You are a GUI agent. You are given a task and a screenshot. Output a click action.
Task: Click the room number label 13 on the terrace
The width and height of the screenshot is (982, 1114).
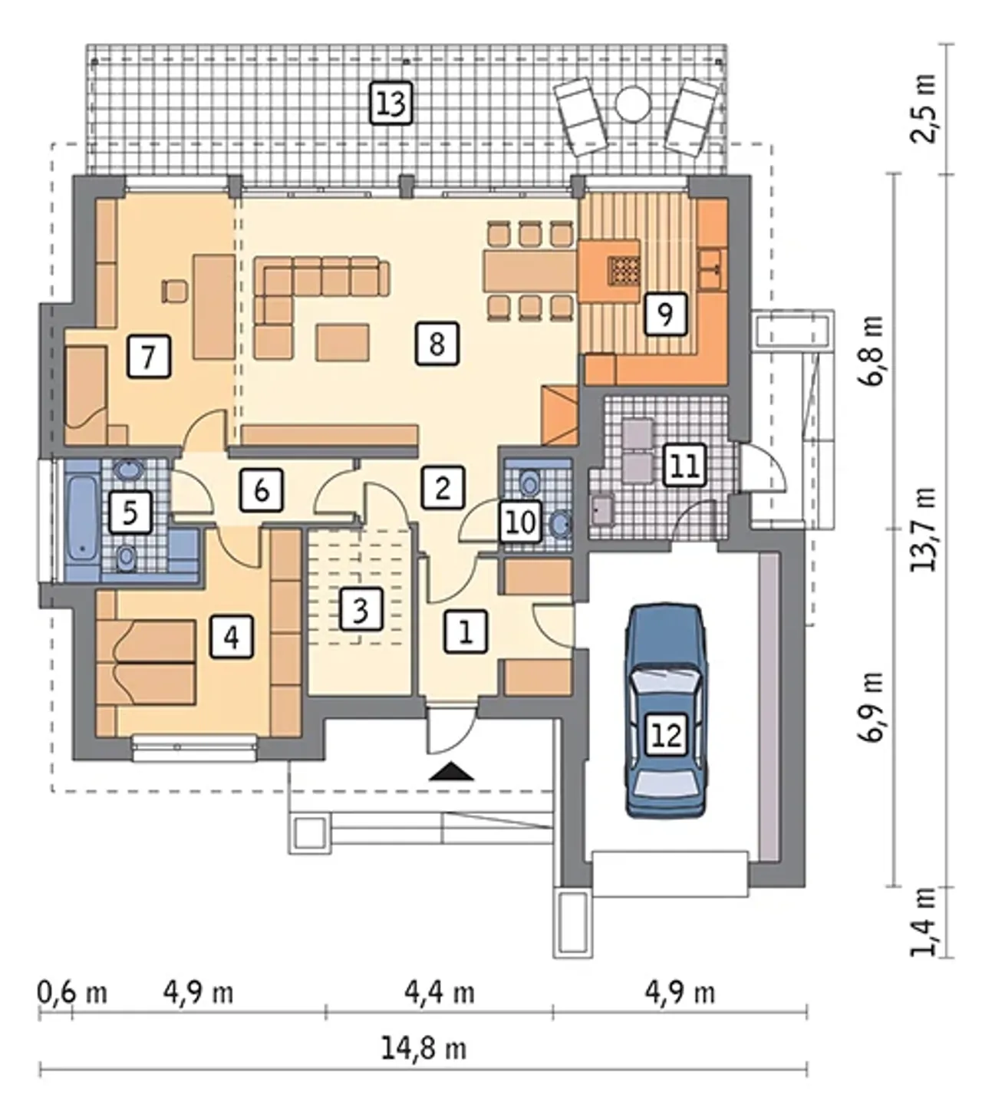tap(391, 103)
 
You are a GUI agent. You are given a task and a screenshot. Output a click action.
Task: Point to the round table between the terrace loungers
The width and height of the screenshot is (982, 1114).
tap(632, 104)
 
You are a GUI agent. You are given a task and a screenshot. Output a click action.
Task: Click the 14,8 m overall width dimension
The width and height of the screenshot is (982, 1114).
tap(424, 1049)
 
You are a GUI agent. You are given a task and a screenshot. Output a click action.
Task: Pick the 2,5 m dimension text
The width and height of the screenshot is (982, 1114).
tap(924, 108)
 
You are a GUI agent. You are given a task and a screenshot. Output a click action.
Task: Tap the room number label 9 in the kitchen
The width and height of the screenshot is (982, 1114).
tap(665, 314)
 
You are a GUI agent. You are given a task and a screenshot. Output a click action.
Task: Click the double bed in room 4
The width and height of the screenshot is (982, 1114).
tap(147, 662)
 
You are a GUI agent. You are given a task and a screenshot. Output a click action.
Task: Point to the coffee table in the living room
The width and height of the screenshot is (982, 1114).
tap(342, 342)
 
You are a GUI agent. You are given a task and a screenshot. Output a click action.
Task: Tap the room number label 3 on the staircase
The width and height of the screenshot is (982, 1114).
tap(361, 608)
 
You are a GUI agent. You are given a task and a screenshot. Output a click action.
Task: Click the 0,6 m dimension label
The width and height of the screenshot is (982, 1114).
tap(71, 993)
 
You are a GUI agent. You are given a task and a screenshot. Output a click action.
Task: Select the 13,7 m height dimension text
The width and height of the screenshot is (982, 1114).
tap(924, 529)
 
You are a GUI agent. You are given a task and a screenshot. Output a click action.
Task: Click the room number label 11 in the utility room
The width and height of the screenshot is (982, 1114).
tap(684, 465)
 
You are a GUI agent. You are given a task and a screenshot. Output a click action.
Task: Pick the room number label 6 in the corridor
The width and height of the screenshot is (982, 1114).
tap(262, 489)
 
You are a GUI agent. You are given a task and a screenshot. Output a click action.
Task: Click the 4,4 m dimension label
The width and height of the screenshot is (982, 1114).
tap(439, 993)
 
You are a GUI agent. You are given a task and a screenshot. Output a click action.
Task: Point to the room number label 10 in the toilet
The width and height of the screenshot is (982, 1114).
tap(521, 522)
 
